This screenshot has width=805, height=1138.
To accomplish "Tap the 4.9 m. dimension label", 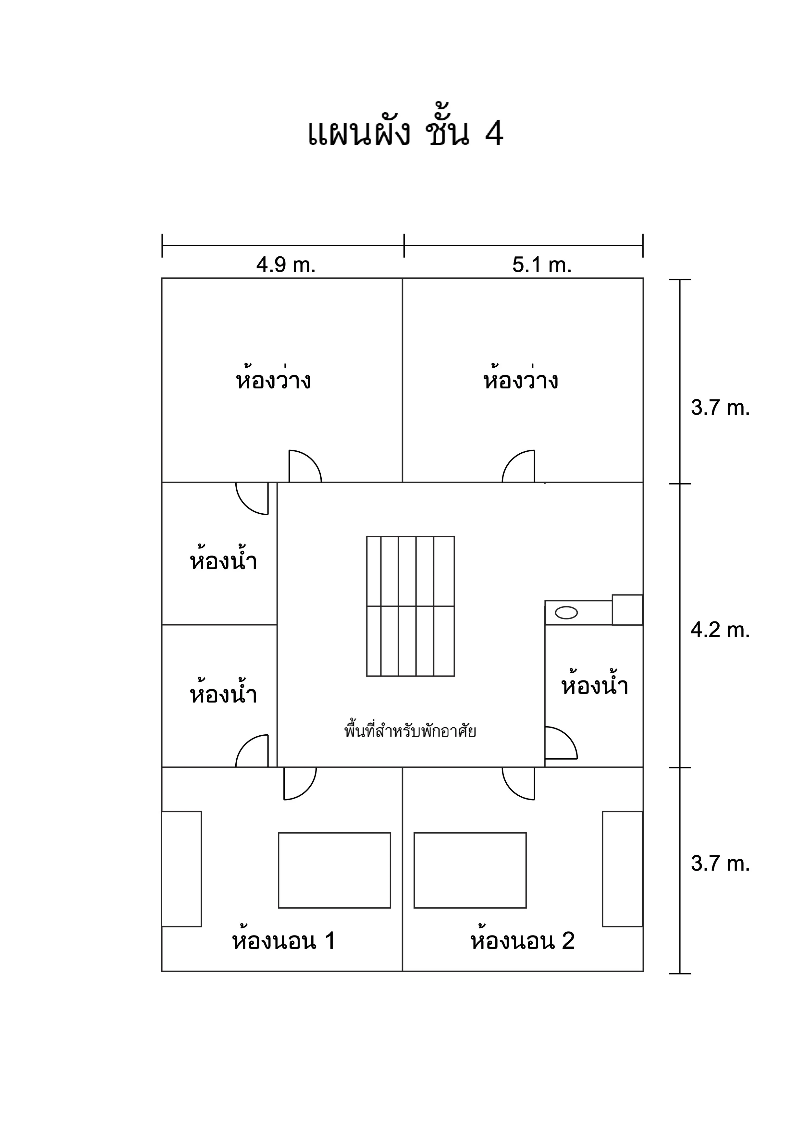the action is [286, 265].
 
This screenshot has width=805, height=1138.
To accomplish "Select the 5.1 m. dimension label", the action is [542, 265].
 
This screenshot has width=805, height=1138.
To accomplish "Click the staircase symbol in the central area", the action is [410, 606].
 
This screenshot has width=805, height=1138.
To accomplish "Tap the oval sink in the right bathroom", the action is [566, 613].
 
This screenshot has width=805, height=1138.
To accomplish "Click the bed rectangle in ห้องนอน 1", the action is [335, 870].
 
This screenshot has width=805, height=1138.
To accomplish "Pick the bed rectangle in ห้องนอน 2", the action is [470, 870].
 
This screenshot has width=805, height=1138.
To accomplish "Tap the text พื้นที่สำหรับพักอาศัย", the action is [410, 731].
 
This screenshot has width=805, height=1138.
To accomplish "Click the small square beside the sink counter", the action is [627, 610].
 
